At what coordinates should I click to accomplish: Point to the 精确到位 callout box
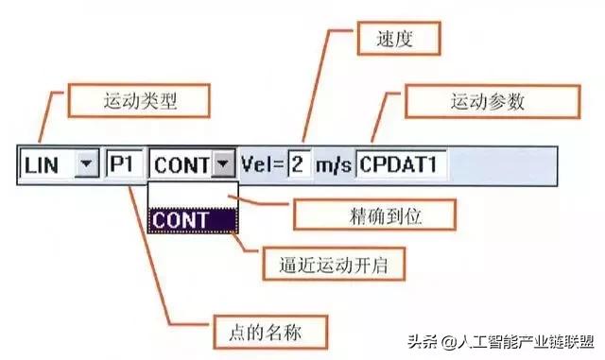352,214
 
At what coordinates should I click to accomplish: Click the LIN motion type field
46,165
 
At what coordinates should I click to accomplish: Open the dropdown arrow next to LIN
86,165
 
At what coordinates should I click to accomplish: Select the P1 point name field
124,165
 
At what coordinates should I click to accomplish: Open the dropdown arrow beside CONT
223,165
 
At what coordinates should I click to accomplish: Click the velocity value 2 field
298,165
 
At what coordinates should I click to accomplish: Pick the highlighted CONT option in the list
192,219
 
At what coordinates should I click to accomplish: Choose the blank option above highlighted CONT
192,194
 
